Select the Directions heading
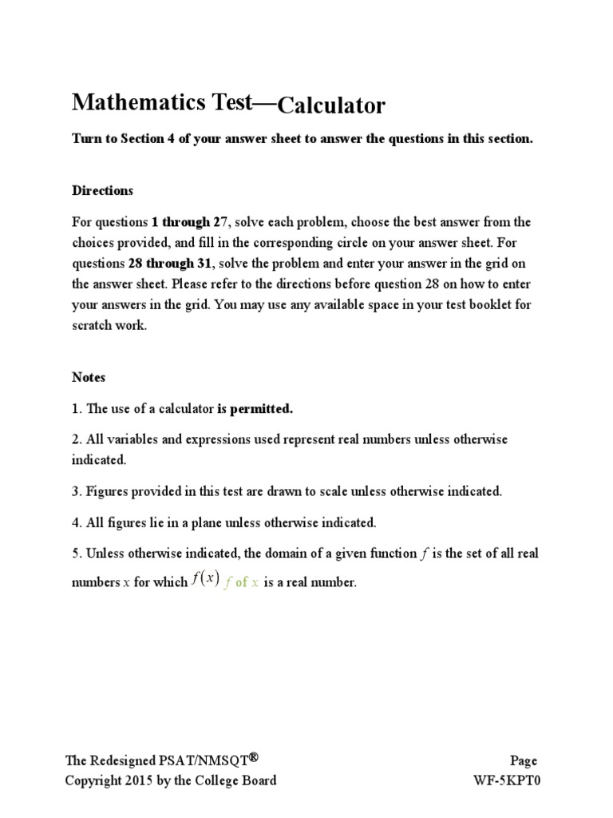103,191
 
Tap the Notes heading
89,376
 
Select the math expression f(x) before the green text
205,581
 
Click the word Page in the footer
524,761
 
